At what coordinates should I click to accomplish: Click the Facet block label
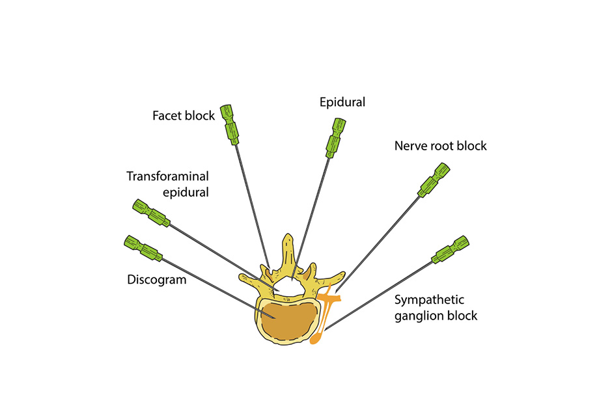[183, 116]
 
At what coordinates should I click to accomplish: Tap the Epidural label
[342, 102]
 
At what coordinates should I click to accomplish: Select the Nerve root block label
[440, 146]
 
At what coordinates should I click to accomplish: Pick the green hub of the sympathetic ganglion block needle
[451, 251]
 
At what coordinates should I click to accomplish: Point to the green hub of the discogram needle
[141, 247]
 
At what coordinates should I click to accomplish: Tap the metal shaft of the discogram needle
[208, 282]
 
